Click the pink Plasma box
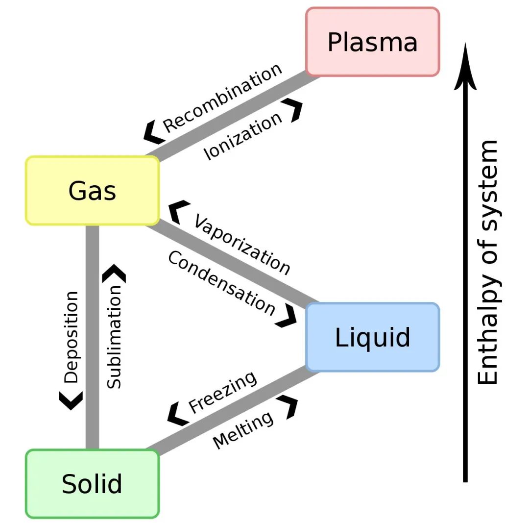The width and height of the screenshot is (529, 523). [372, 42]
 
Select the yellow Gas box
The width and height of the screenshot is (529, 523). [92, 191]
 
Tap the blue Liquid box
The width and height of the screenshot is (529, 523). [372, 337]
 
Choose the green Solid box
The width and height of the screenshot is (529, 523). [92, 483]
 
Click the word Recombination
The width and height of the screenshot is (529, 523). [222, 98]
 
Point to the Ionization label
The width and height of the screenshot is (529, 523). [243, 136]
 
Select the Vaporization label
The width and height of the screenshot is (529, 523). [242, 245]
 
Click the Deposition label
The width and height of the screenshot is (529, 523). [71, 337]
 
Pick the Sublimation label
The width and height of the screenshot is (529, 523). [114, 337]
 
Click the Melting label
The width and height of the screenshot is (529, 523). [243, 430]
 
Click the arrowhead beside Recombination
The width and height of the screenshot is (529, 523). [153, 132]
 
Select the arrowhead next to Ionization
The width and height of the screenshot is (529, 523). [293, 110]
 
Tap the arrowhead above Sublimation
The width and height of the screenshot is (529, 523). [114, 273]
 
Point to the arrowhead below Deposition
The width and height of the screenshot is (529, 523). [71, 401]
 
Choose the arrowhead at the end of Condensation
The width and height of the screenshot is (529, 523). [287, 315]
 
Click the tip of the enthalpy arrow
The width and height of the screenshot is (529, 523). [465, 43]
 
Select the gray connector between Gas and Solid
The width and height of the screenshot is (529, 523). [92, 337]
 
